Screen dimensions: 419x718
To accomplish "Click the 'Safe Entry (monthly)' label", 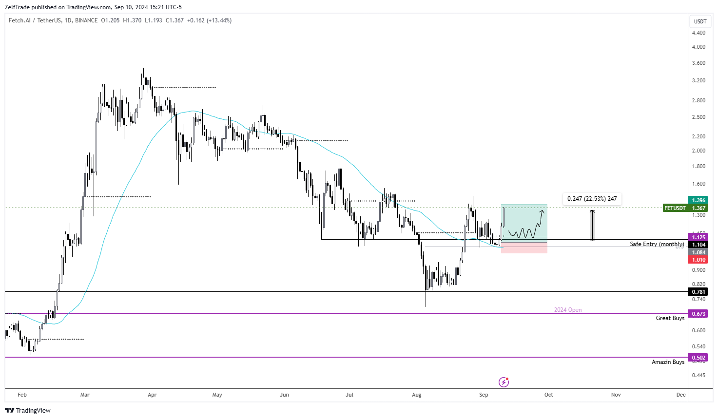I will (657, 244).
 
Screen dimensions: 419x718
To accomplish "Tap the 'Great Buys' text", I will (670, 318).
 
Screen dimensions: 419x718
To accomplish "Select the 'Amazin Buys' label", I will (668, 362).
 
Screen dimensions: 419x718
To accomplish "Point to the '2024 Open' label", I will (567, 310).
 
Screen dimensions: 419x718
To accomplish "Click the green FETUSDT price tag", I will (675, 208).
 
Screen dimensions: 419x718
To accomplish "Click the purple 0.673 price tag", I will (698, 314).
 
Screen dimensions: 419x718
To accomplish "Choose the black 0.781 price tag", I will (698, 292).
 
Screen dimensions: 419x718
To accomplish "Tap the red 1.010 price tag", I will (698, 260).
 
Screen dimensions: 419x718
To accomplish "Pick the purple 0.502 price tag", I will (698, 358).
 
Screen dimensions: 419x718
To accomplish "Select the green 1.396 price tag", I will (698, 200).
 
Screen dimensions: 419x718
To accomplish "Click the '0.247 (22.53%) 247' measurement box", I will (592, 199).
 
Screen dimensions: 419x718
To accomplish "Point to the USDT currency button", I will (700, 21).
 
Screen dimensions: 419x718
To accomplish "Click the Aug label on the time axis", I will (416, 395).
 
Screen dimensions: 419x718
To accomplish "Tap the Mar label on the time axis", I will (85, 395).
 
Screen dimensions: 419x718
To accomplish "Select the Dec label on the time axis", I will (680, 395).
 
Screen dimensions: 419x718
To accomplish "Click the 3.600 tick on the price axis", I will (698, 63).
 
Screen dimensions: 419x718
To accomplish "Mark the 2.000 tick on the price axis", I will (698, 151).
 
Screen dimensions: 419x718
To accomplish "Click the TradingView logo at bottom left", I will (28, 410).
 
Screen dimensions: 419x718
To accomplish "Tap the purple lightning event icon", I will (504, 382).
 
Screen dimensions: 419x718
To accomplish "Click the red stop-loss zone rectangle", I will (524, 248).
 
